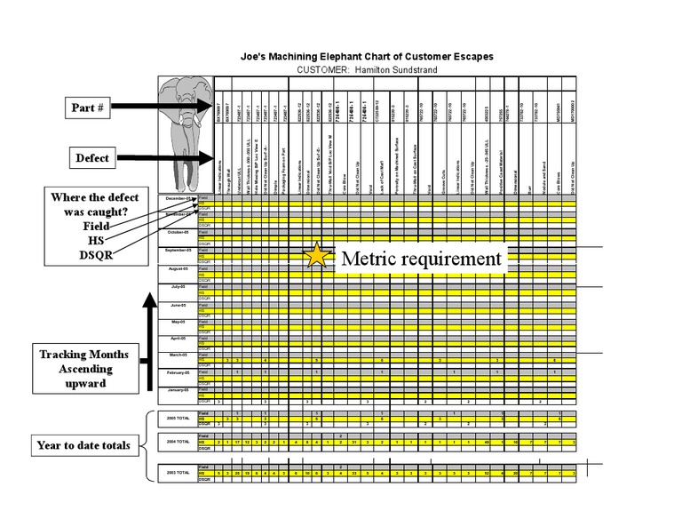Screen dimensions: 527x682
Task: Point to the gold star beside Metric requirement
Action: [315, 258]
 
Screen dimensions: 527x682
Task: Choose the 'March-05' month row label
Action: [178, 355]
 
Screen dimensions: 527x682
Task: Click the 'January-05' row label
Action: [178, 390]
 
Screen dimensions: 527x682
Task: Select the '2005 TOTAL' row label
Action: [178, 417]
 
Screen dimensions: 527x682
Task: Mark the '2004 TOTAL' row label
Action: [178, 442]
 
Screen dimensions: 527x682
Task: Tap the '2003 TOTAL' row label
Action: [178, 473]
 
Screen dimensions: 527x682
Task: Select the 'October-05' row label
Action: [179, 233]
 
